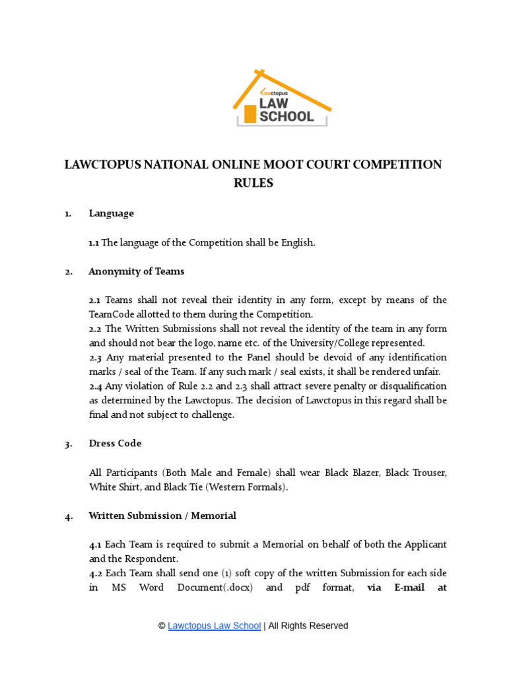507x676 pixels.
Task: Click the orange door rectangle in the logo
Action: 250,114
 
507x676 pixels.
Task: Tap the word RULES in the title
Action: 253,183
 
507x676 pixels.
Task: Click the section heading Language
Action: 111,213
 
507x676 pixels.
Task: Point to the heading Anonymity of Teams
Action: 137,271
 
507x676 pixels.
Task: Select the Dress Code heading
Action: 115,444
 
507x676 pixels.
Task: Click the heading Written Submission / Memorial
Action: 162,516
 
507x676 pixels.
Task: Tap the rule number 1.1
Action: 94,243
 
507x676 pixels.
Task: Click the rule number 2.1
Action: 95,300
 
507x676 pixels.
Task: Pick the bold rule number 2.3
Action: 95,358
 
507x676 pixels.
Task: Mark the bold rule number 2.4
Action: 95,386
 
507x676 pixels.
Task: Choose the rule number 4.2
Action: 95,573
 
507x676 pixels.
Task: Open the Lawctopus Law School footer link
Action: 215,626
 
